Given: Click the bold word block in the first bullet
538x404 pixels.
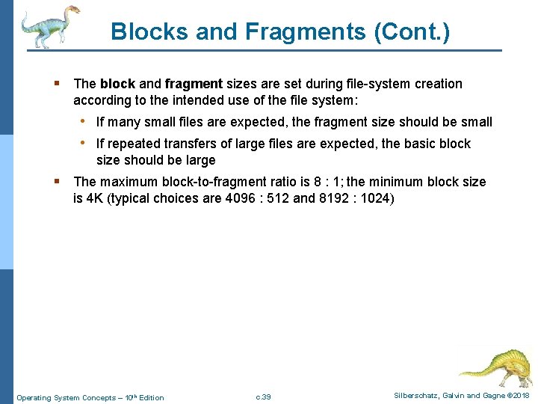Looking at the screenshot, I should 117,84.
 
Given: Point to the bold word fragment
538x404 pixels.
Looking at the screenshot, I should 194,84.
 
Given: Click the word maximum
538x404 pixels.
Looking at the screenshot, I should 127,182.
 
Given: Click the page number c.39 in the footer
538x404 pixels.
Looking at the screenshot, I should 263,397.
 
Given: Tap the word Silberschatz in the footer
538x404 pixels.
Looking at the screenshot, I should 411,395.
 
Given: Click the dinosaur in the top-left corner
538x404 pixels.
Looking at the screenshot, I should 49,25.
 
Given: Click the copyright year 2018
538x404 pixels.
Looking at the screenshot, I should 520,395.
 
